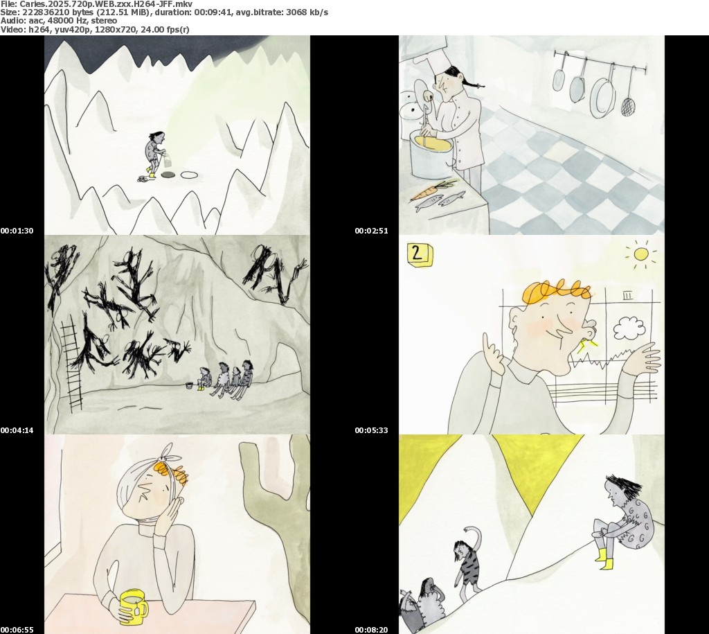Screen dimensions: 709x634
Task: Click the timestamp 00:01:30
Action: pyautogui.click(x=17, y=231)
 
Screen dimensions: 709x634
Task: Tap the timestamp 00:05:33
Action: pyautogui.click(x=371, y=430)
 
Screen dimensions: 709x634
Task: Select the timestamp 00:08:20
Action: pyautogui.click(x=371, y=630)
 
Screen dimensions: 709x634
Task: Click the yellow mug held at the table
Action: pyautogui.click(x=132, y=606)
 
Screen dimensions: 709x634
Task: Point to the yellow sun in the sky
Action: pyautogui.click(x=640, y=254)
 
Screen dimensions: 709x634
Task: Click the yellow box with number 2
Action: pyautogui.click(x=420, y=254)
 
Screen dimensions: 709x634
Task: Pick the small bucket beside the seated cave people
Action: pyautogui.click(x=189, y=385)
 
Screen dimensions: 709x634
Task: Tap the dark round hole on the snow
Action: pyautogui.click(x=169, y=175)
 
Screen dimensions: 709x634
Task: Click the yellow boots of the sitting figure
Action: pyautogui.click(x=604, y=559)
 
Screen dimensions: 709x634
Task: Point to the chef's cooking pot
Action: pyautogui.click(x=431, y=154)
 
